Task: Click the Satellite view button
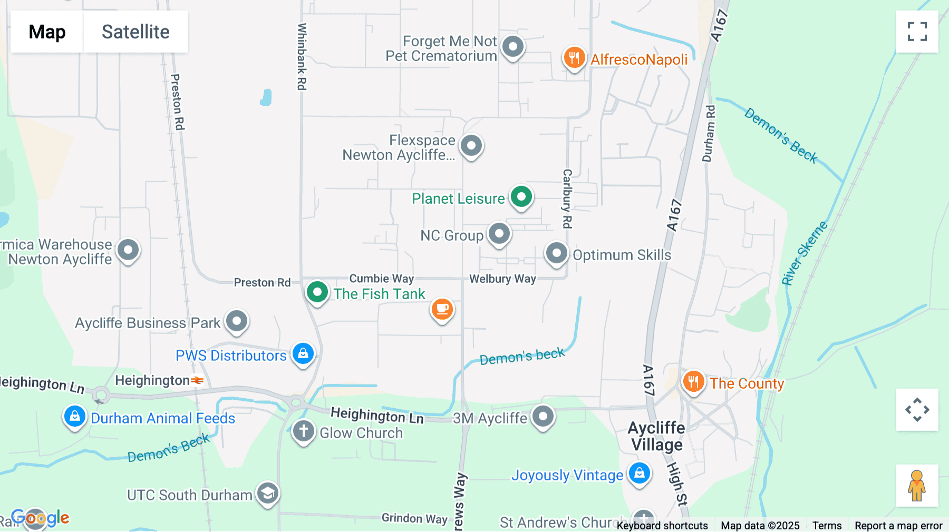135,32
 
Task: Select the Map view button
47,32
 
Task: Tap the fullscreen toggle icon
917,32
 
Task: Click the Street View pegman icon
917,485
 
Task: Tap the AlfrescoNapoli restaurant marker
574,57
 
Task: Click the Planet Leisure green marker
521,198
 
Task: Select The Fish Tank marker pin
317,291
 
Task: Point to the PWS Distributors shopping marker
303,353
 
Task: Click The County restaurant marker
693,381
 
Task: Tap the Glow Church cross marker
304,431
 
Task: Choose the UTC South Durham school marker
268,494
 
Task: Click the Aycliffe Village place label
657,436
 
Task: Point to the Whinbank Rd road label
302,56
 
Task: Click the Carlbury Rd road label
567,199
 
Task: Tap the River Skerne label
804,253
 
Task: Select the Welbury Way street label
502,279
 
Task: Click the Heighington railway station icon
197,380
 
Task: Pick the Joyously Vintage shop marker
640,473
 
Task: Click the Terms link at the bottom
827,525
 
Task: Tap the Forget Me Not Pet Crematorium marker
513,47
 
